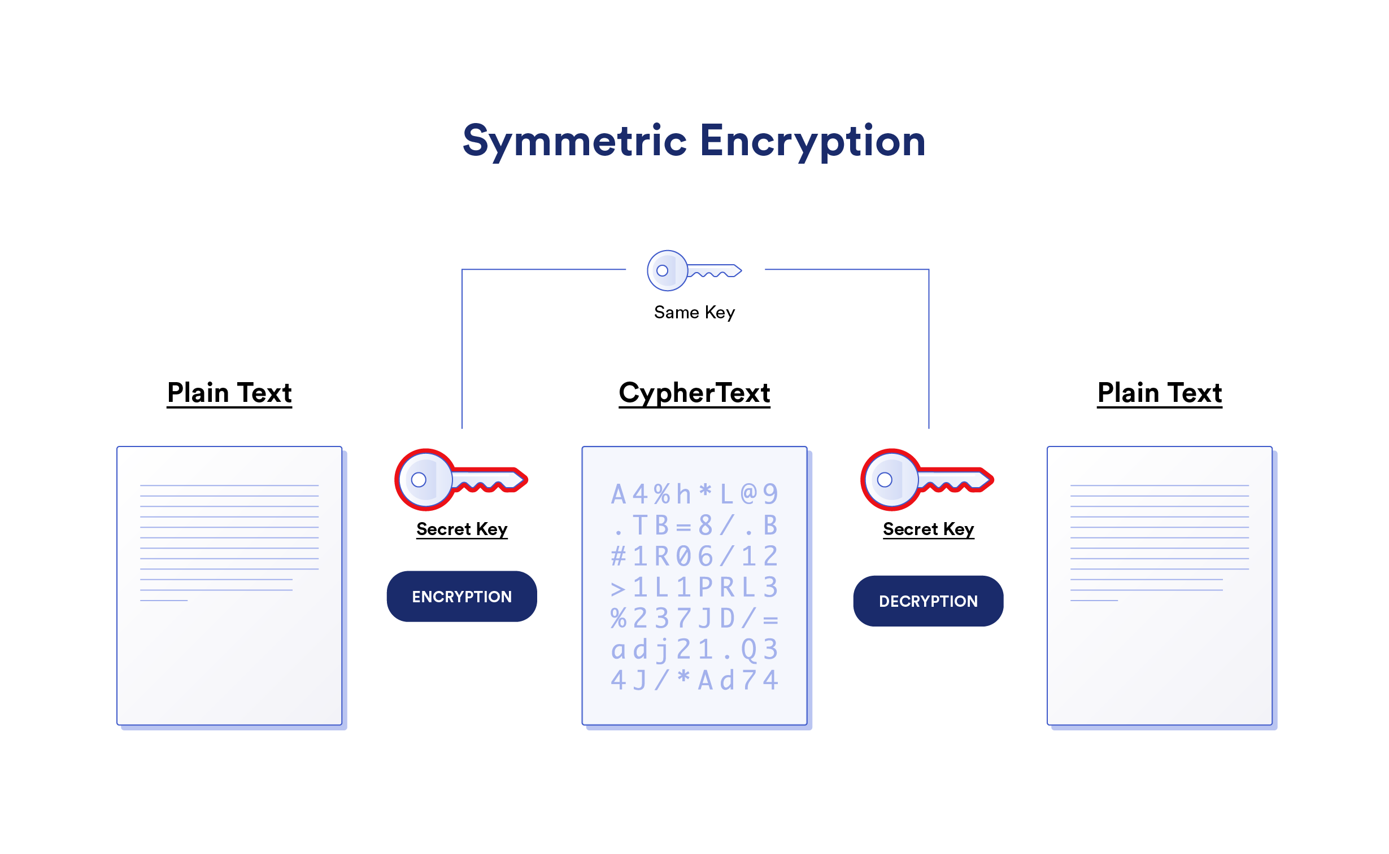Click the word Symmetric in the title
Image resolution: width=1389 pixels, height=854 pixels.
coord(574,141)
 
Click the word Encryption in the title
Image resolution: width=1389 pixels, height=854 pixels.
coord(812,141)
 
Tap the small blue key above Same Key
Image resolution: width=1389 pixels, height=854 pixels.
coord(693,270)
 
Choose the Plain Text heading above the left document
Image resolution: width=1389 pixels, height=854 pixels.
coord(229,393)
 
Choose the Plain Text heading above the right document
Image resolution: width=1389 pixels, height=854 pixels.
coord(1159,393)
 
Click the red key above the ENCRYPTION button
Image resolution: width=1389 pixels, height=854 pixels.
coord(460,480)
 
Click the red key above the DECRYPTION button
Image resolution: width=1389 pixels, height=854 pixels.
coord(926,480)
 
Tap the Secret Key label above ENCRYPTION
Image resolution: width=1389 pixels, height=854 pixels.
coord(461,529)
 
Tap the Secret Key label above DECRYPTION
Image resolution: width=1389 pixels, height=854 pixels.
coord(928,529)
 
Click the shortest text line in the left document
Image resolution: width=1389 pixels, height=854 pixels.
coord(164,601)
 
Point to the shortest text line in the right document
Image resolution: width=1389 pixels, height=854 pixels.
coord(1094,601)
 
